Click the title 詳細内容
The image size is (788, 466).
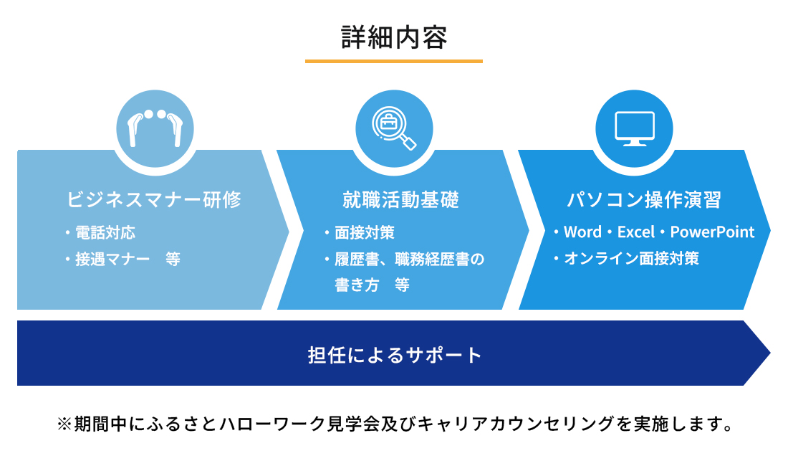(394, 38)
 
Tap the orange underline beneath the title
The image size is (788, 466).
(394, 61)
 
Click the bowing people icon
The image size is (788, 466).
(155, 128)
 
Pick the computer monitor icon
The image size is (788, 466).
(634, 128)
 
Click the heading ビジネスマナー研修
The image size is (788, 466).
(154, 199)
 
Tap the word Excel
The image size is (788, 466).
(636, 232)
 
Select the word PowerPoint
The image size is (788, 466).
(712, 232)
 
